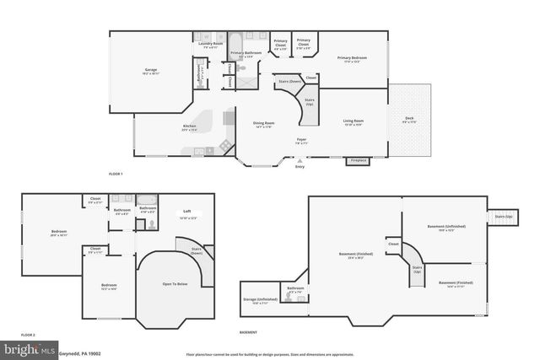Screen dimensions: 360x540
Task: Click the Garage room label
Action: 151,70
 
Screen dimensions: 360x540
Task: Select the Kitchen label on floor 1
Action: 190,127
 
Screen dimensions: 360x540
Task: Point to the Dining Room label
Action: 264,124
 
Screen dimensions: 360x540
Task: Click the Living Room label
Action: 353,121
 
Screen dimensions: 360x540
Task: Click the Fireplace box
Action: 358,159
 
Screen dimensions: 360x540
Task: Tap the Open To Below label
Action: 174,283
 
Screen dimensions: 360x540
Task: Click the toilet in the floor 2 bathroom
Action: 148,225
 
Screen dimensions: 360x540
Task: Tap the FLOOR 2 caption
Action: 30,335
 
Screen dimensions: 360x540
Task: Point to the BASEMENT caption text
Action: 249,332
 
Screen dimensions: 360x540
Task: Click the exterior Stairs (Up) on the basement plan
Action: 503,217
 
